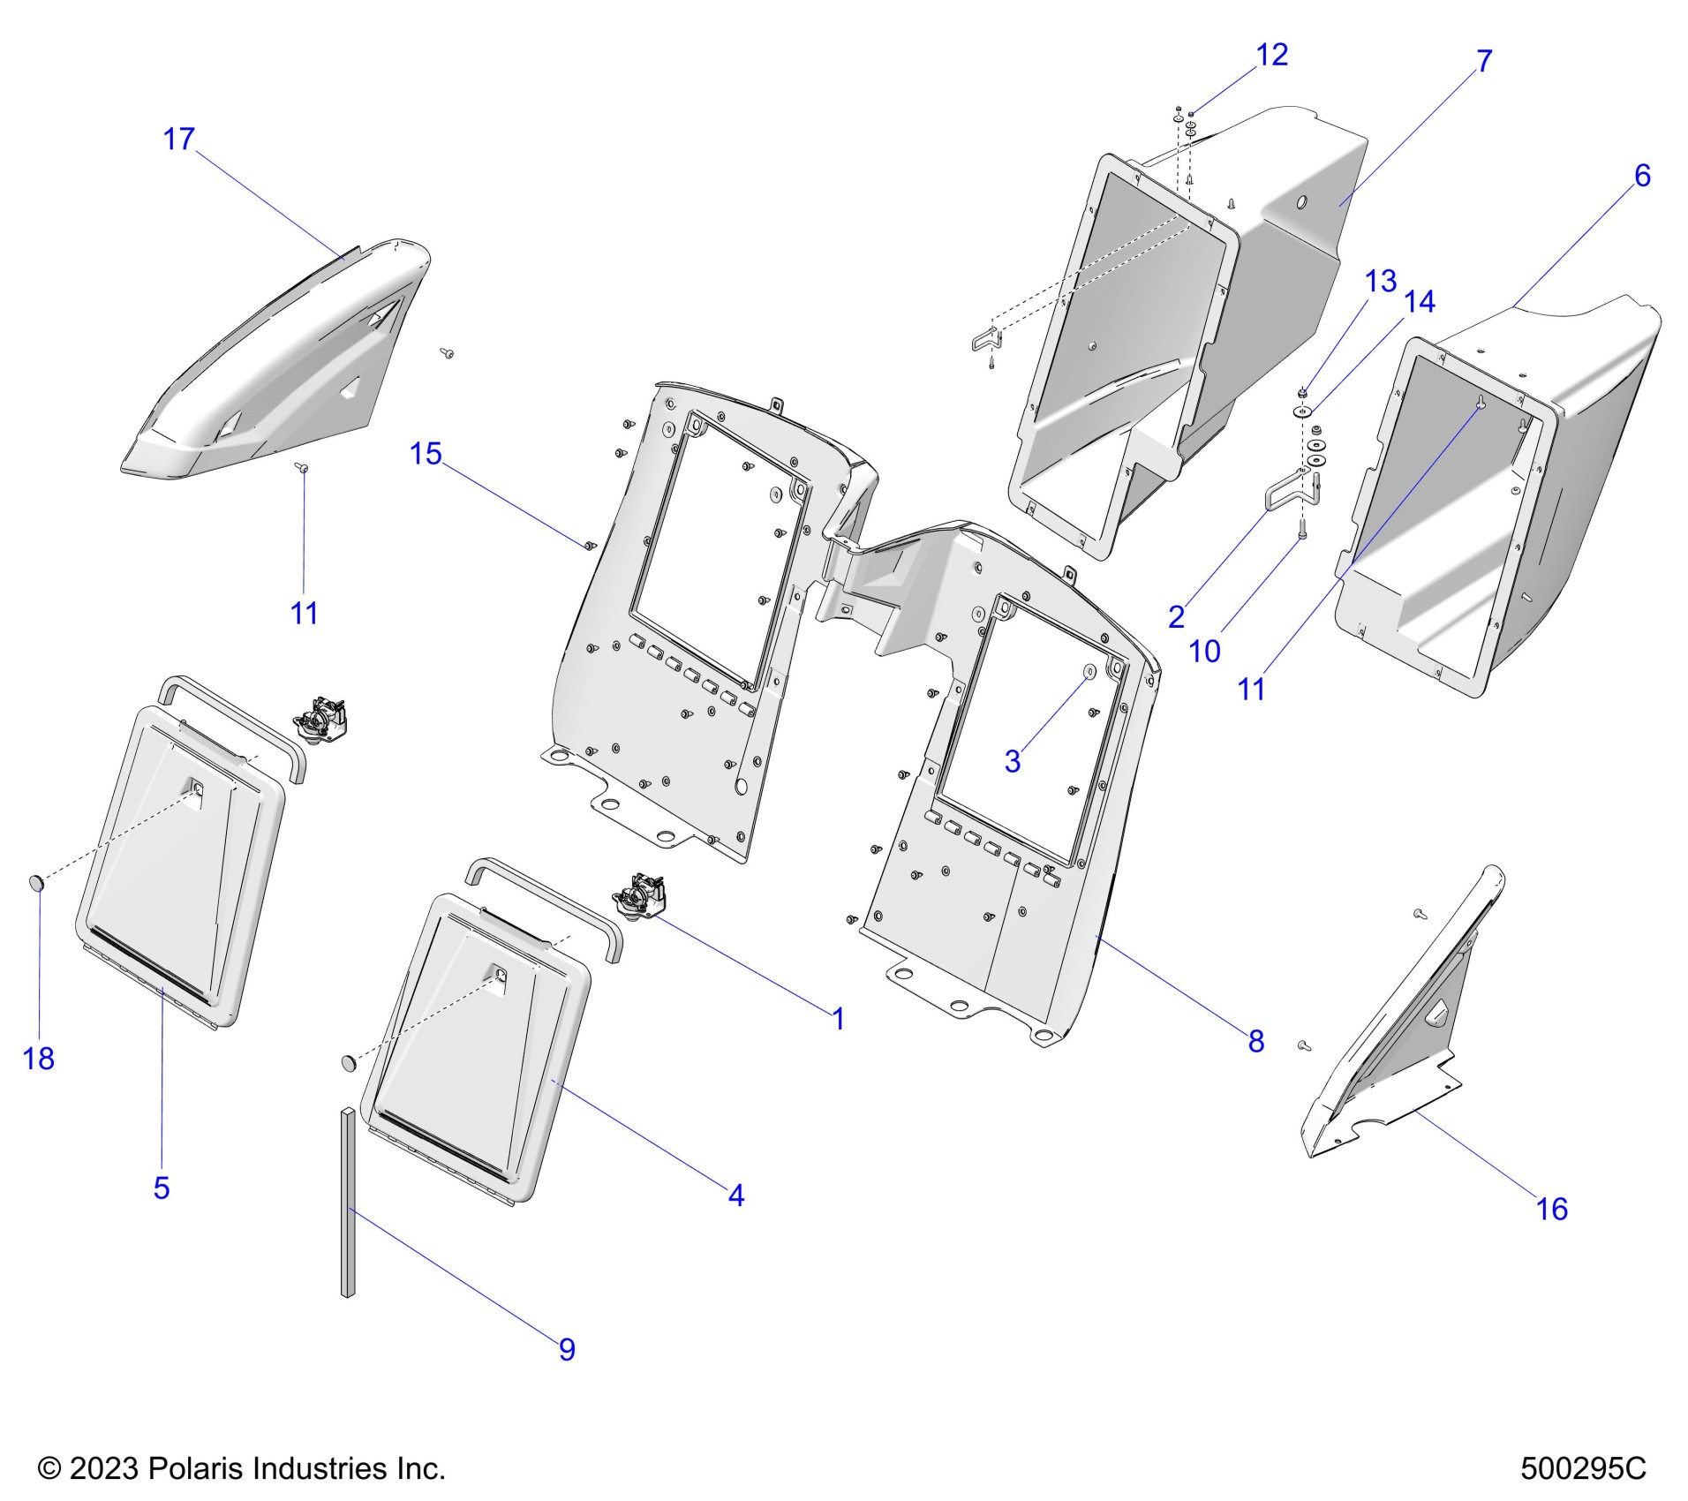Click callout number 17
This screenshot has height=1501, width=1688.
click(178, 140)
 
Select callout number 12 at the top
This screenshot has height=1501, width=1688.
click(1271, 56)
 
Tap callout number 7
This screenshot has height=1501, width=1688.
click(1484, 62)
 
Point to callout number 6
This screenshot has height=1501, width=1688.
click(1642, 177)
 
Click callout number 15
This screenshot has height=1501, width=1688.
click(426, 454)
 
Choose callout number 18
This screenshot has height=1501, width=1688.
click(38, 1059)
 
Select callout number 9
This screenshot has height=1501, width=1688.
click(567, 1350)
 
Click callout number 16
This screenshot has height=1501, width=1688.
click(1552, 1210)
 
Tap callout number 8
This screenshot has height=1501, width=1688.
click(1255, 1042)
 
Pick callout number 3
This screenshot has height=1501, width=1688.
click(1013, 761)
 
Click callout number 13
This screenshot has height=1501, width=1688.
click(1381, 282)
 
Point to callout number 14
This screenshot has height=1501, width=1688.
click(1420, 302)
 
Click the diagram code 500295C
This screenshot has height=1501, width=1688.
click(1583, 1469)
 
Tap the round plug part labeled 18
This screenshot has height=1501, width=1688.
click(37, 882)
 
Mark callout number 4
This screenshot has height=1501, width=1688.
click(736, 1196)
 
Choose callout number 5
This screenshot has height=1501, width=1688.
click(161, 1188)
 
